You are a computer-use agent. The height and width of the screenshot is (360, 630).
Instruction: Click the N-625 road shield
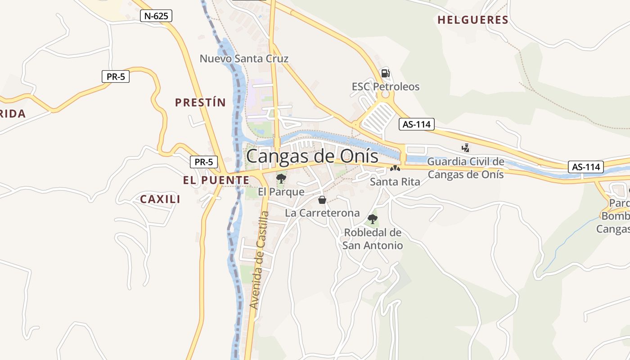pos(156,16)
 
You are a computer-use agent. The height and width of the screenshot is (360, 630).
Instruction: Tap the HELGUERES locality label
pos(472,20)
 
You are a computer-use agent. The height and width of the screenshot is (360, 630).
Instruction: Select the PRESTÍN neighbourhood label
pos(200,103)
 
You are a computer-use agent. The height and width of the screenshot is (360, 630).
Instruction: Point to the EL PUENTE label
pos(216,180)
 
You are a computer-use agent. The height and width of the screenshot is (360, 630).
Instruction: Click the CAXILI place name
pos(160,199)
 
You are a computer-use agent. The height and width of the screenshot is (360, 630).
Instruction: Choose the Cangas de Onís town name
pos(312,156)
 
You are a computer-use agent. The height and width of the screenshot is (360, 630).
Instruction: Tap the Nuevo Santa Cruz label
pos(244,58)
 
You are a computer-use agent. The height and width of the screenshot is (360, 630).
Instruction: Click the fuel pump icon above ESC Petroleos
pos(385,73)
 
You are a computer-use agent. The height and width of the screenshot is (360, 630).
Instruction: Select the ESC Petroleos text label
pos(386,86)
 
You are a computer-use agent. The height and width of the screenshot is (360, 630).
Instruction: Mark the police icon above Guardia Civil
pos(465,148)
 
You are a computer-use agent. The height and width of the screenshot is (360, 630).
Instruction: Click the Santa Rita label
pos(395,182)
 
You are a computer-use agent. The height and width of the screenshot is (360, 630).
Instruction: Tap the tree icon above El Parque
pos(281,178)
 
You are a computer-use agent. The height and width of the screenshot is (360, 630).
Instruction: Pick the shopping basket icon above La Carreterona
pos(322,200)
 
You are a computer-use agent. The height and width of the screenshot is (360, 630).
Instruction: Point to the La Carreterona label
pos(322,213)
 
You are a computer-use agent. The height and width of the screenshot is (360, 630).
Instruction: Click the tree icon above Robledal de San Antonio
pos(372,219)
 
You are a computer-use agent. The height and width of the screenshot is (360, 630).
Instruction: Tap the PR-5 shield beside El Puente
pos(204,162)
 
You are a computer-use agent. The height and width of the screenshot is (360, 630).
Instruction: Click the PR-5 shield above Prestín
pos(116,76)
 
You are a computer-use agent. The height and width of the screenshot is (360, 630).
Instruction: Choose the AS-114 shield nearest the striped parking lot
pos(416,124)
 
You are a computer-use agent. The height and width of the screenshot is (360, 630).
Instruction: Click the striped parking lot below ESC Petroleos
pos(377,117)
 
